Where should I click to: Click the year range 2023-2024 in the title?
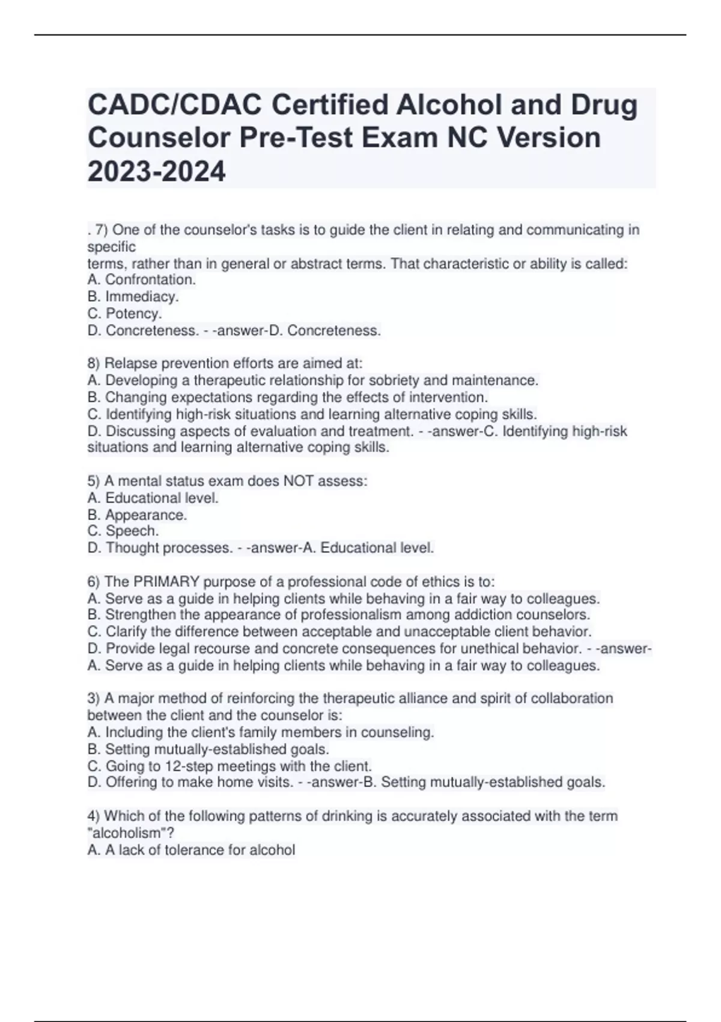(x=157, y=171)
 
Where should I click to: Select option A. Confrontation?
(x=142, y=280)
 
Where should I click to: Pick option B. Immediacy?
(x=133, y=296)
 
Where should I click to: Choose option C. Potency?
(x=125, y=313)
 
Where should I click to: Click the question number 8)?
(x=94, y=364)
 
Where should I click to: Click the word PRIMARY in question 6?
(x=166, y=582)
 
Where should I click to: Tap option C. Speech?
(x=123, y=531)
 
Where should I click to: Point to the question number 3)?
(x=94, y=699)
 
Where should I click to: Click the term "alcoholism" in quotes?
(x=127, y=833)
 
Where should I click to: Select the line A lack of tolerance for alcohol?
(x=191, y=850)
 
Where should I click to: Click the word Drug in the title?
(x=604, y=105)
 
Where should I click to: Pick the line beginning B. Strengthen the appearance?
(x=339, y=615)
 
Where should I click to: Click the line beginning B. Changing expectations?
(x=287, y=397)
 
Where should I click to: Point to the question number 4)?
(x=94, y=816)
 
